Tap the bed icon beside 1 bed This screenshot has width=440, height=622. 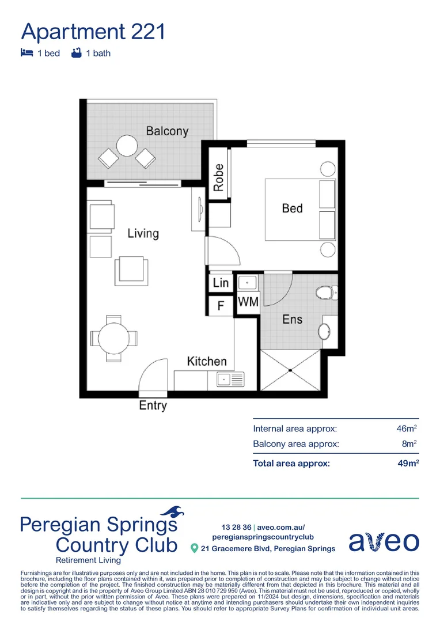[26, 53]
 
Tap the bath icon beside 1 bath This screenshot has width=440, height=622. [75, 53]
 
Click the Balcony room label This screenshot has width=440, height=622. [167, 131]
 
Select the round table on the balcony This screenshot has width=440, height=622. [126, 146]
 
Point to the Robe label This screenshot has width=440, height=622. [218, 177]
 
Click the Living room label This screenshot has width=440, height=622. [143, 233]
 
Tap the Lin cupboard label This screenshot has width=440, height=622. [221, 283]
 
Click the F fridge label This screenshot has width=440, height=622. [221, 305]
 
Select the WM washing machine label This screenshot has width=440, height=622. [248, 301]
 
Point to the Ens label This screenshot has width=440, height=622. [292, 319]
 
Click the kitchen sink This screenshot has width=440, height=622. [230, 379]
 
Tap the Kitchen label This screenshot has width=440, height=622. [207, 361]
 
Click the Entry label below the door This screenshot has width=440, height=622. [153, 405]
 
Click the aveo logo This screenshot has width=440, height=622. [384, 541]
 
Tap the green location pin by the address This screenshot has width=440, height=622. [194, 548]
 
